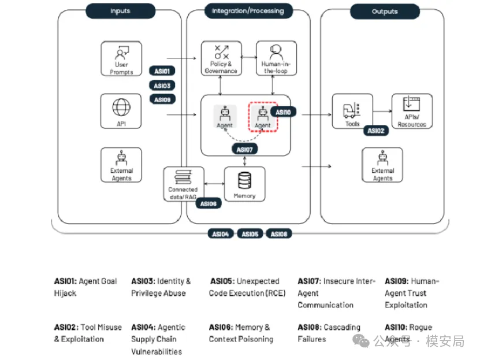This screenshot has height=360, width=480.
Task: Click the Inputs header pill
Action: pos(120,11)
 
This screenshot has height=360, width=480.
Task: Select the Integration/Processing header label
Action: pos(248,11)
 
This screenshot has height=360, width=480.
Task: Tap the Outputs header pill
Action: pos(385,11)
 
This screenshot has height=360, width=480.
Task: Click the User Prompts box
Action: pos(121,58)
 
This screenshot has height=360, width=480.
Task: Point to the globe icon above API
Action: pos(121,107)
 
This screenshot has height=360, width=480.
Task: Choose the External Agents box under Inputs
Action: pos(121,165)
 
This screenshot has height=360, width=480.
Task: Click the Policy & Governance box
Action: pos(221,58)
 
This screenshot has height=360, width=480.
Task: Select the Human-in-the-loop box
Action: pos(276,58)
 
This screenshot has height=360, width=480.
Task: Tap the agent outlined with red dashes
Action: pos(263,117)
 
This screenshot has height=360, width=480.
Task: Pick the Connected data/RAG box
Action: pos(183,184)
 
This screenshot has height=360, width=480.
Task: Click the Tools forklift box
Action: pos(352,112)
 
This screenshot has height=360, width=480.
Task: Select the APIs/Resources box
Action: pos(412,112)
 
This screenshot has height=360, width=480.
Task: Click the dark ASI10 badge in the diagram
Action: pos(283,112)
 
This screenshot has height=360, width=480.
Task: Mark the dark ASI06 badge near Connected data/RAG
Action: pos(208,203)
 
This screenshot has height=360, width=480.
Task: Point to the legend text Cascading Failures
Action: pos(329,333)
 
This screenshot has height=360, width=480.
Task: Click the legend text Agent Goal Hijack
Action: pos(85,287)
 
